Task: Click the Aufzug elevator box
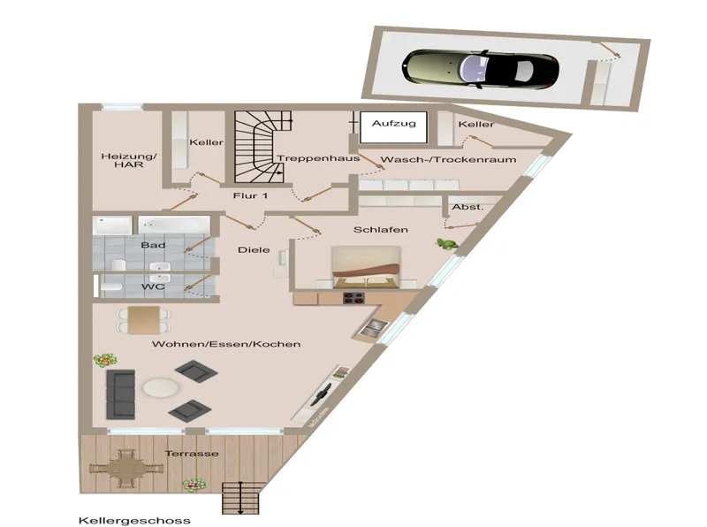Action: (x=393, y=127)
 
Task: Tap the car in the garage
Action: (x=481, y=69)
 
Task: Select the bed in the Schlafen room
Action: (x=366, y=267)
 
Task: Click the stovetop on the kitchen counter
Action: (x=353, y=298)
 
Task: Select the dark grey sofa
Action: (x=120, y=394)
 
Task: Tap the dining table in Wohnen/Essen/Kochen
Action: (x=143, y=320)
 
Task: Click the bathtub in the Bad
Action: (x=174, y=225)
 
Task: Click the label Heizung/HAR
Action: (x=129, y=160)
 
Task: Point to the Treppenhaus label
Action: (x=318, y=158)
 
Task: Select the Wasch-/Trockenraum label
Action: (x=448, y=159)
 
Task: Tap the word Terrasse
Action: (x=192, y=454)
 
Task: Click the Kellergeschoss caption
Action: (x=134, y=521)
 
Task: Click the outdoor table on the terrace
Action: (x=122, y=469)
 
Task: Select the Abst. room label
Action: (x=468, y=207)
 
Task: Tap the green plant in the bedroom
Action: (x=446, y=244)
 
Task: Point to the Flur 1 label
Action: (x=250, y=195)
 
